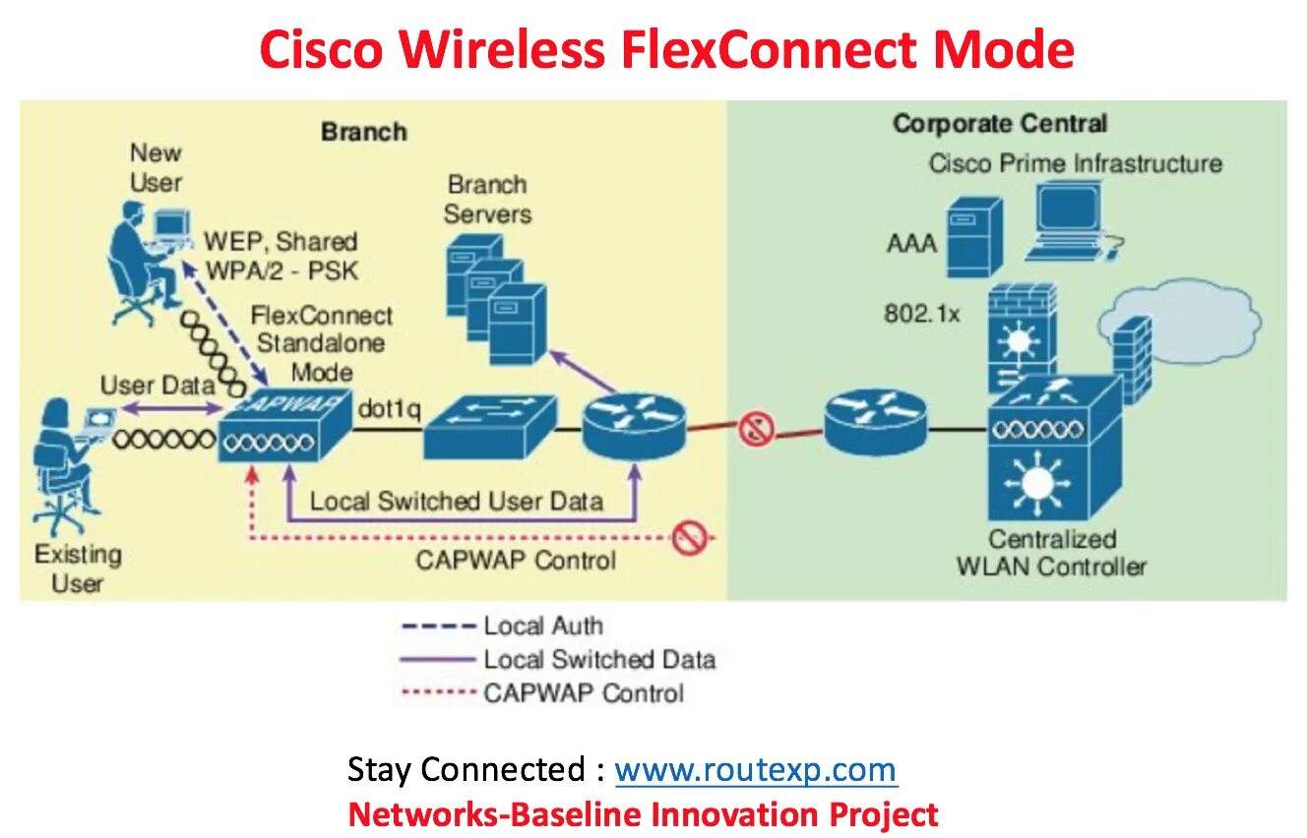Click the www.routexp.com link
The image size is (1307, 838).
pyautogui.click(x=756, y=769)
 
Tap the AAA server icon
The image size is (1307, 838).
pyautogui.click(x=973, y=237)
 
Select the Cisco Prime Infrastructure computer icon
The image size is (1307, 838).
pyautogui.click(x=1068, y=223)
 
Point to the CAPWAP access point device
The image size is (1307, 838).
pyautogui.click(x=282, y=426)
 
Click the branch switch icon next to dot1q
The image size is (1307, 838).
pyautogui.click(x=489, y=427)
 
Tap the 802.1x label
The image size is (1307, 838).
pyautogui.click(x=920, y=314)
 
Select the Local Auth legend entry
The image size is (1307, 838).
pyautogui.click(x=541, y=626)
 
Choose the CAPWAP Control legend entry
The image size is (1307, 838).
pyautogui.click(x=583, y=692)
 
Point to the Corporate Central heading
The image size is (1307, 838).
pyautogui.click(x=999, y=124)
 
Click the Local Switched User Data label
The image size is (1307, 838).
pyautogui.click(x=456, y=501)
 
